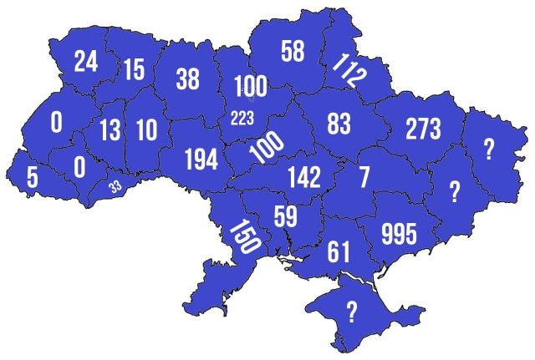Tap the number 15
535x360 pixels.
[135, 69]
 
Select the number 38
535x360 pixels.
[187, 79]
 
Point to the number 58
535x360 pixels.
[293, 52]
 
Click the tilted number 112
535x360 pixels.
[349, 72]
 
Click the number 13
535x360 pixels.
[109, 130]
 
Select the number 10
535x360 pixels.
[145, 130]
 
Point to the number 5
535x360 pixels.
[31, 178]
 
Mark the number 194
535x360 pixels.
[201, 160]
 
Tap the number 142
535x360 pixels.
[303, 178]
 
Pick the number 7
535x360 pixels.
[363, 177]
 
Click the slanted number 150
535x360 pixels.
[244, 237]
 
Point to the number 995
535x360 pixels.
[398, 234]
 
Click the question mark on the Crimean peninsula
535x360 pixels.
[352, 312]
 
